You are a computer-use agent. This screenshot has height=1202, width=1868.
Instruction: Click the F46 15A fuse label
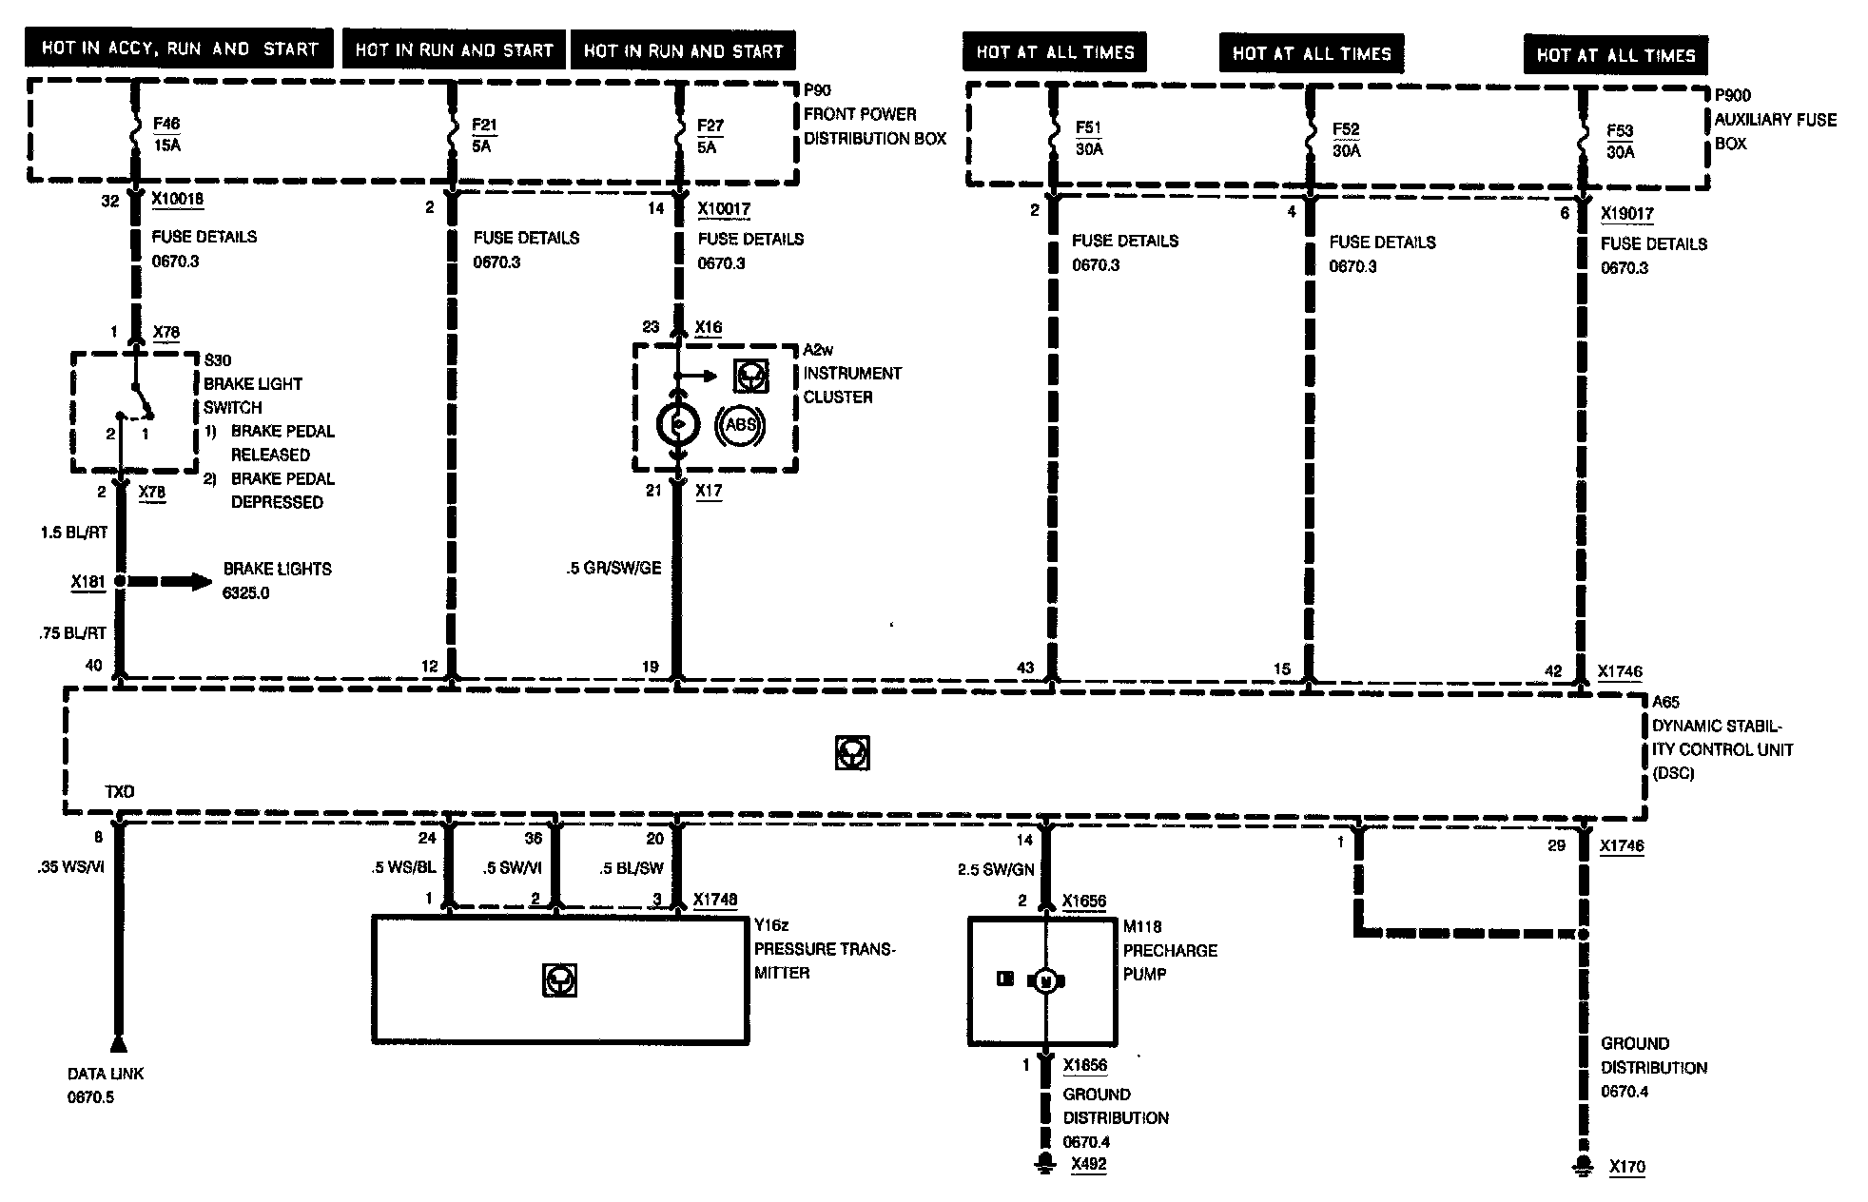tap(166, 134)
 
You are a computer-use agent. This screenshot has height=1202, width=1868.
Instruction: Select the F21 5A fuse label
tap(483, 136)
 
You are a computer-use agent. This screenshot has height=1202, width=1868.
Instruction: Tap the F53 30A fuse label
tap(1620, 141)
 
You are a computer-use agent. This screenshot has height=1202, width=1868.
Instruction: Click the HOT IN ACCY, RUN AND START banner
tap(180, 48)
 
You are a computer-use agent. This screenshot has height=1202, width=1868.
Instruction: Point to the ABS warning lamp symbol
tap(740, 425)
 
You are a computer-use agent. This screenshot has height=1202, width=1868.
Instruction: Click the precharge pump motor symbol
tap(1045, 980)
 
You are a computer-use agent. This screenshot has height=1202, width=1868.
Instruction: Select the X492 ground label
tap(1088, 1164)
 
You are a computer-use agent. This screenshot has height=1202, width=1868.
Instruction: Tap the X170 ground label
tap(1626, 1166)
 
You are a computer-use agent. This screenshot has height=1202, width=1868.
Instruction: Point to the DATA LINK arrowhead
tap(118, 1044)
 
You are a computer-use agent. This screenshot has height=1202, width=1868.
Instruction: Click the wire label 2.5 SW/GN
tap(995, 869)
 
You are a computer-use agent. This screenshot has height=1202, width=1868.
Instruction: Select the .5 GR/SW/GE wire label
tap(613, 568)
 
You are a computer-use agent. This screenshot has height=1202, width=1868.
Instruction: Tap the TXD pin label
tap(119, 791)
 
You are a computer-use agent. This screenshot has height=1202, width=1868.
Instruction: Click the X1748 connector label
tap(715, 900)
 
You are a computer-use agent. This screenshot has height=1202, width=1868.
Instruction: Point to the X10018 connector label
tap(178, 200)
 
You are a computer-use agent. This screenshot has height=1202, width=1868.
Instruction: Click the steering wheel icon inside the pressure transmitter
tap(559, 979)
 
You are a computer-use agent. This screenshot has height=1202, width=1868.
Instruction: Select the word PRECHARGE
tap(1170, 950)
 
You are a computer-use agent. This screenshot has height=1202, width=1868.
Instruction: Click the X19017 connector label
tap(1626, 214)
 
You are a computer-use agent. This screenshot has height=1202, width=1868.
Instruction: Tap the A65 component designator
tap(1665, 702)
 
